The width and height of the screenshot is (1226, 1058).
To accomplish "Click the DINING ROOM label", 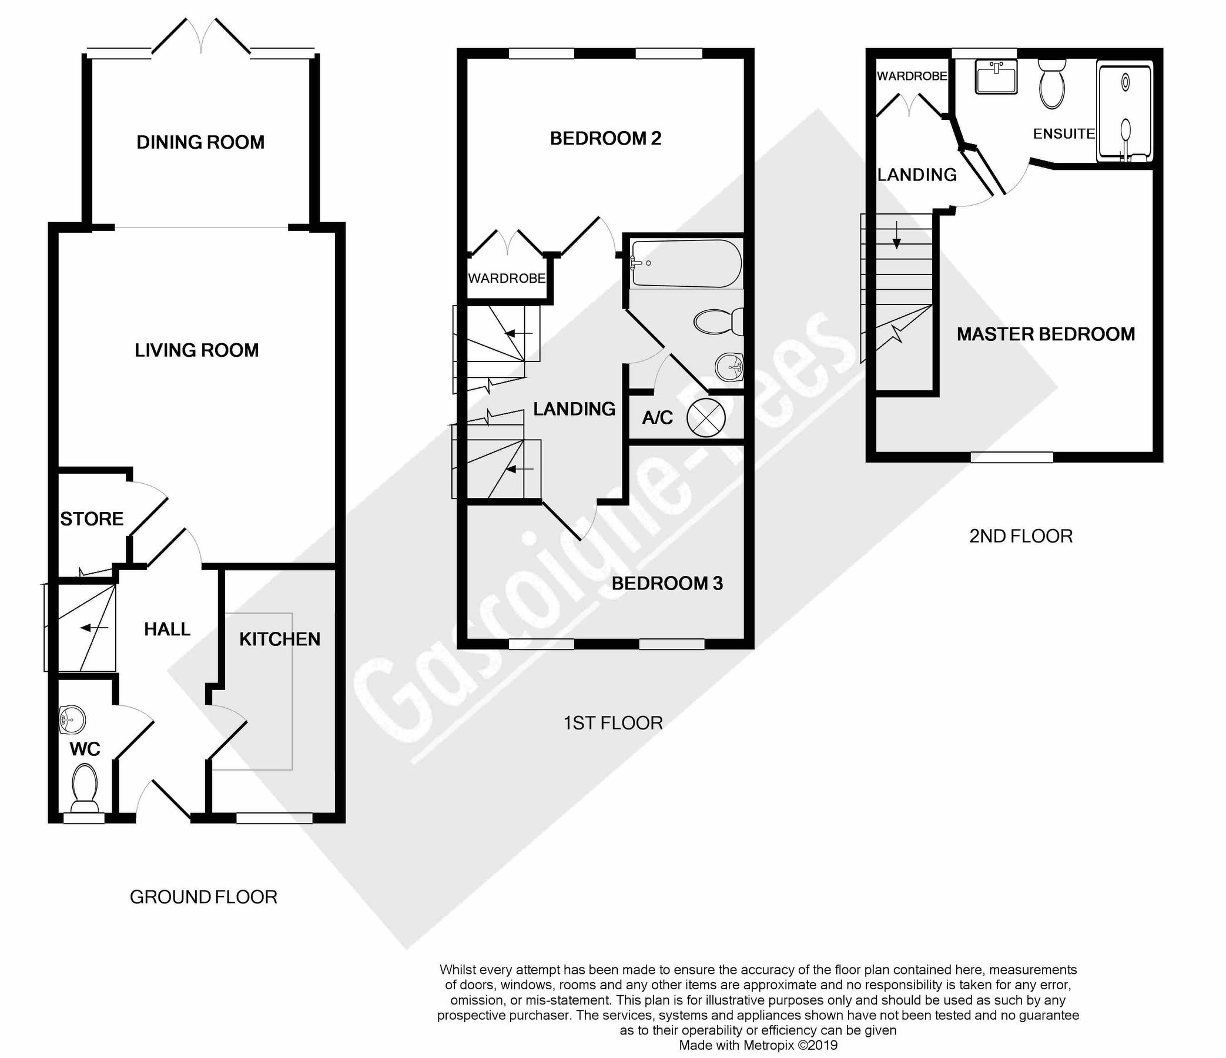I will (200, 143).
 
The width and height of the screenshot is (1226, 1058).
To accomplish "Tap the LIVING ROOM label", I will (196, 350).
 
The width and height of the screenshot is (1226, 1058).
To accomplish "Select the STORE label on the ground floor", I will (92, 519).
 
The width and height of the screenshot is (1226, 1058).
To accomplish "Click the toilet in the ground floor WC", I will (84, 787).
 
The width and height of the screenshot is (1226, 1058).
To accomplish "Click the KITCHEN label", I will (279, 639).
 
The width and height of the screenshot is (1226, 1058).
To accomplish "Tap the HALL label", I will (167, 629).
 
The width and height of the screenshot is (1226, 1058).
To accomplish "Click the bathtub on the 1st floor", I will (686, 263).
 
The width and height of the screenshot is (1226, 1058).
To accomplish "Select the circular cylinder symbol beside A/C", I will (705, 418).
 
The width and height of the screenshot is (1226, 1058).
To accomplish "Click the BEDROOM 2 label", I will (605, 139).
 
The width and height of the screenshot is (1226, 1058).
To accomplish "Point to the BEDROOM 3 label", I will (667, 584).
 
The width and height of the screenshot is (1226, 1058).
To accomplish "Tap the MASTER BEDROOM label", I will (1046, 334).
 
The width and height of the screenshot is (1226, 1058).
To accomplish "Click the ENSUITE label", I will (1063, 134).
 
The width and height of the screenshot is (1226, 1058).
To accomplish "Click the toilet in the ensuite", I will (1052, 86).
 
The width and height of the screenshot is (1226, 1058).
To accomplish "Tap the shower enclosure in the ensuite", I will (1125, 112).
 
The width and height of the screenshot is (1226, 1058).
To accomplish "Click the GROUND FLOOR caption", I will (203, 897).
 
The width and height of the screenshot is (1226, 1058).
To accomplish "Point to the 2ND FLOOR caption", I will (1021, 536).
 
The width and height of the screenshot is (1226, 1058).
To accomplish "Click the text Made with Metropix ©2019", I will (758, 1045).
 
